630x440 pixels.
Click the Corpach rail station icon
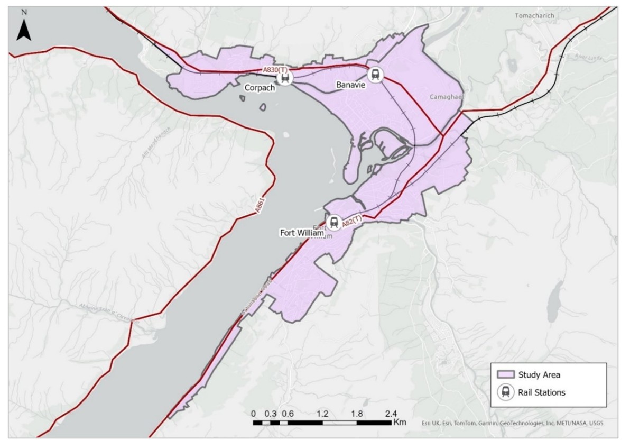[x=285, y=78]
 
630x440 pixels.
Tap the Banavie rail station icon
[x=375, y=75]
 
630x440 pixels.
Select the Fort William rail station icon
[x=333, y=222]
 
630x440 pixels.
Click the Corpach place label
[x=259, y=88]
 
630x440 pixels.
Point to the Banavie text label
[x=351, y=85]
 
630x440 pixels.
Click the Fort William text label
[x=302, y=232]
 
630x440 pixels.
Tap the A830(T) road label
[x=275, y=70]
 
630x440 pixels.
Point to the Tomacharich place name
[x=534, y=16]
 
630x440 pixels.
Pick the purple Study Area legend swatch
[x=506, y=375]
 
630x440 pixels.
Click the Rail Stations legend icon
[x=506, y=392]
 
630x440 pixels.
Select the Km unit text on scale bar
[x=400, y=423]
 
